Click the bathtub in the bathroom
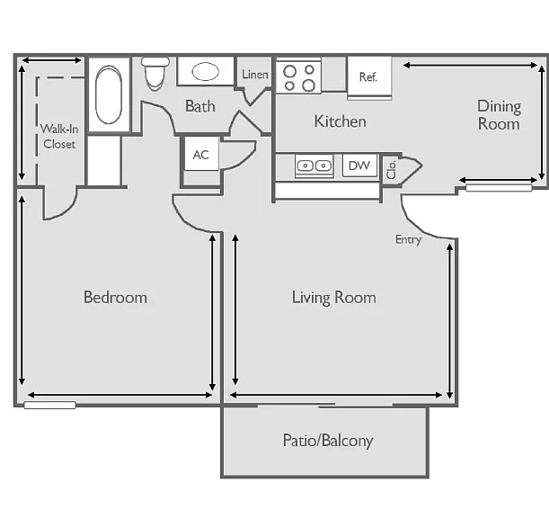pos(109,94)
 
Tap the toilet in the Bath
pos(155,74)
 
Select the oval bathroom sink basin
pos(205,72)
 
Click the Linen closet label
pos(255,75)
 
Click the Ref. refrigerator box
pos(369,78)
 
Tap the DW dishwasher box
pos(359,165)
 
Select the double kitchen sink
pos(314,165)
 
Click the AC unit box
pos(201,154)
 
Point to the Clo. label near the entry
pos(392,169)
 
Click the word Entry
pos(408,240)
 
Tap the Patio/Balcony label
pos(328,441)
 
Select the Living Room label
pos(334,298)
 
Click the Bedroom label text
pos(115,298)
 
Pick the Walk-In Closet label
pos(59,137)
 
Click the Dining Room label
pos(499,115)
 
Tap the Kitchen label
pos(340,121)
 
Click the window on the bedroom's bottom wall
pos(49,406)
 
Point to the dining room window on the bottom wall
pos(499,188)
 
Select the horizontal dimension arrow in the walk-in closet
pos(52,60)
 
